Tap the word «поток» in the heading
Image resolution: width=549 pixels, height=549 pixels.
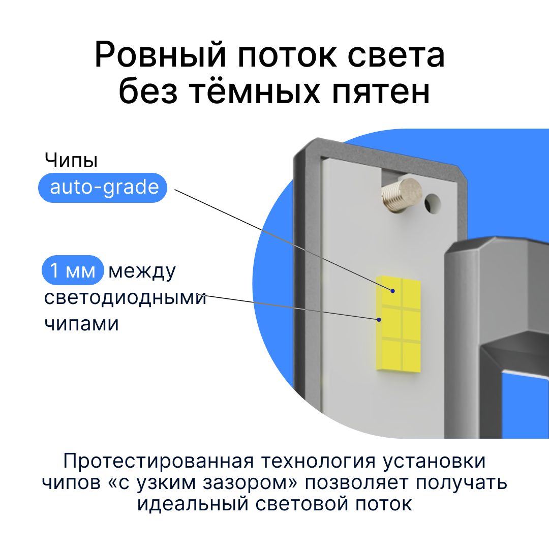pos(287,56)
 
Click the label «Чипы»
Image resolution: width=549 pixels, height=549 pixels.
pos(71,161)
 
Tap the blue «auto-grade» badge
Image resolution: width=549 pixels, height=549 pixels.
pos(103,188)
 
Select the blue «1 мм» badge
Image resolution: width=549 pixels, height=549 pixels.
pos(73,270)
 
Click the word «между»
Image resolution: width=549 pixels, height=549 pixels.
pos(142,271)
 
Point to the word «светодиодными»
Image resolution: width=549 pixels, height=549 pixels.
pos(125,297)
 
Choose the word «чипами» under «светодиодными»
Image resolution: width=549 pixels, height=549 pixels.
pos(81,324)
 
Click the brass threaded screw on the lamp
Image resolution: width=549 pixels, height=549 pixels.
pos(402,195)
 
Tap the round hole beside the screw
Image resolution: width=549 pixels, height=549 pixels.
pos(433,203)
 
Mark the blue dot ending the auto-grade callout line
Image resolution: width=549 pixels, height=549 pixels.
pos(393,291)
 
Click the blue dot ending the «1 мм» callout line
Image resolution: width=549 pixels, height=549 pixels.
pos(379,320)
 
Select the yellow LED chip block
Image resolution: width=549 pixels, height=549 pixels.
pos(399,323)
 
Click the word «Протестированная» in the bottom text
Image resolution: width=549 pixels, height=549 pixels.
pos(158,461)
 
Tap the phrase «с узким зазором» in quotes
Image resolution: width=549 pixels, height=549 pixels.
pos(203,483)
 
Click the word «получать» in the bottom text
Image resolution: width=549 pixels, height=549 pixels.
pos(462,483)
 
